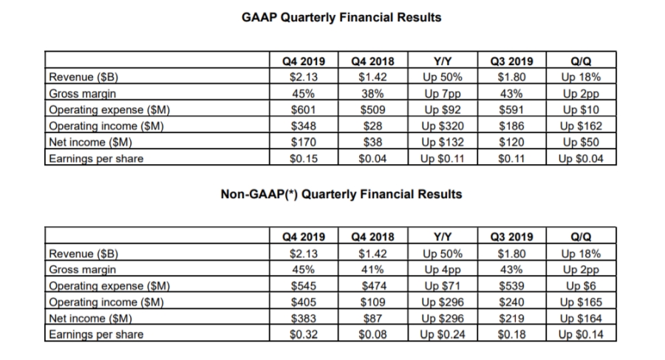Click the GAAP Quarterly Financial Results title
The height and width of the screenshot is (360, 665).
point(341,16)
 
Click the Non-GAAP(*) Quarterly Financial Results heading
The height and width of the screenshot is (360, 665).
point(341,194)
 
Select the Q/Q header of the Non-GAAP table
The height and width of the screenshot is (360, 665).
point(580,237)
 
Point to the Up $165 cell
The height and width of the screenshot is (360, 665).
point(580,302)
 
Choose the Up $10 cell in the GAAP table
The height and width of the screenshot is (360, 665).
point(580,110)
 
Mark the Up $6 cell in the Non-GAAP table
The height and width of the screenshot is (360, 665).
point(580,286)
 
